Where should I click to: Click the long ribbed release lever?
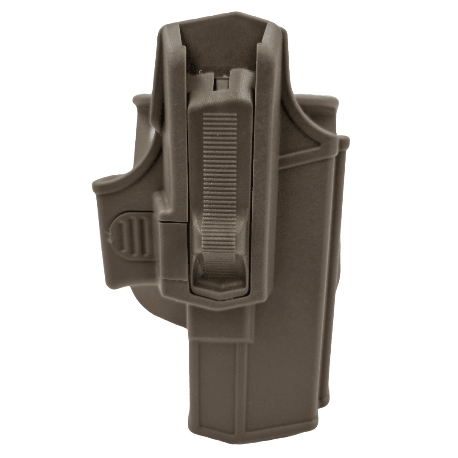pos(220,178)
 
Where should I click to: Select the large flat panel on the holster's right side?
pos(297,254)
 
